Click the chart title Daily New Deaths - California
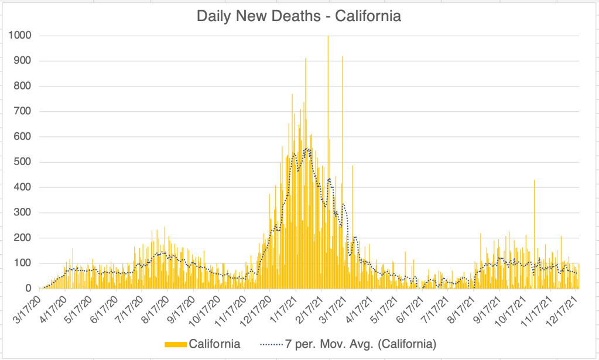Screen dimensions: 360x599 (299, 16)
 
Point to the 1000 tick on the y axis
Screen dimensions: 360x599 (19, 36)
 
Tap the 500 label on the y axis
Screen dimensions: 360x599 (22, 162)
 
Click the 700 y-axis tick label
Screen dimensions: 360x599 (22, 111)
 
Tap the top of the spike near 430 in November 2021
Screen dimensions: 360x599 (534, 181)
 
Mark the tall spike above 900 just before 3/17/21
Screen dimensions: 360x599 (343, 57)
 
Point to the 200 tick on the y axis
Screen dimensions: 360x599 (22, 238)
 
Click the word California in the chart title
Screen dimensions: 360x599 (368, 16)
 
